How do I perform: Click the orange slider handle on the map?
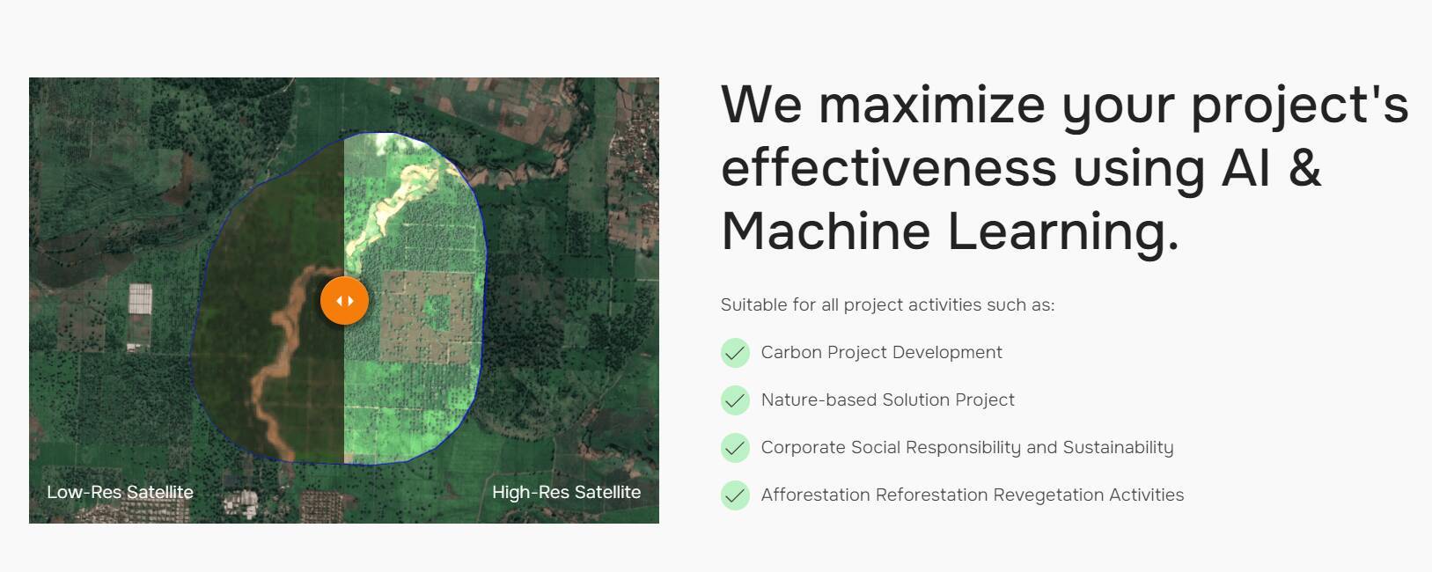pos(344,300)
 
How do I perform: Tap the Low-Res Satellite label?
pos(120,492)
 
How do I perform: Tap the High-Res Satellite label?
pos(567,492)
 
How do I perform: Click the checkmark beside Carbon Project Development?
pos(735,353)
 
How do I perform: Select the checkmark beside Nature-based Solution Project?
pos(735,400)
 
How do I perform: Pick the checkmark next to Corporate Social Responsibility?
pos(735,447)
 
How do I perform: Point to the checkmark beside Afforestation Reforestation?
pos(735,495)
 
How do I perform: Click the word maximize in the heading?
pos(932,106)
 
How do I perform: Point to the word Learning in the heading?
pos(1062,234)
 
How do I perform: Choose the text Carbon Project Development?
pos(882,352)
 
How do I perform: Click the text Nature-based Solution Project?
pos(887,400)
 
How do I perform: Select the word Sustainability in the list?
pos(1118,447)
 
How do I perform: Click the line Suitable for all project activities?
pos(887,304)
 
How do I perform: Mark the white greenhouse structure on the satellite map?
pos(140,299)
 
